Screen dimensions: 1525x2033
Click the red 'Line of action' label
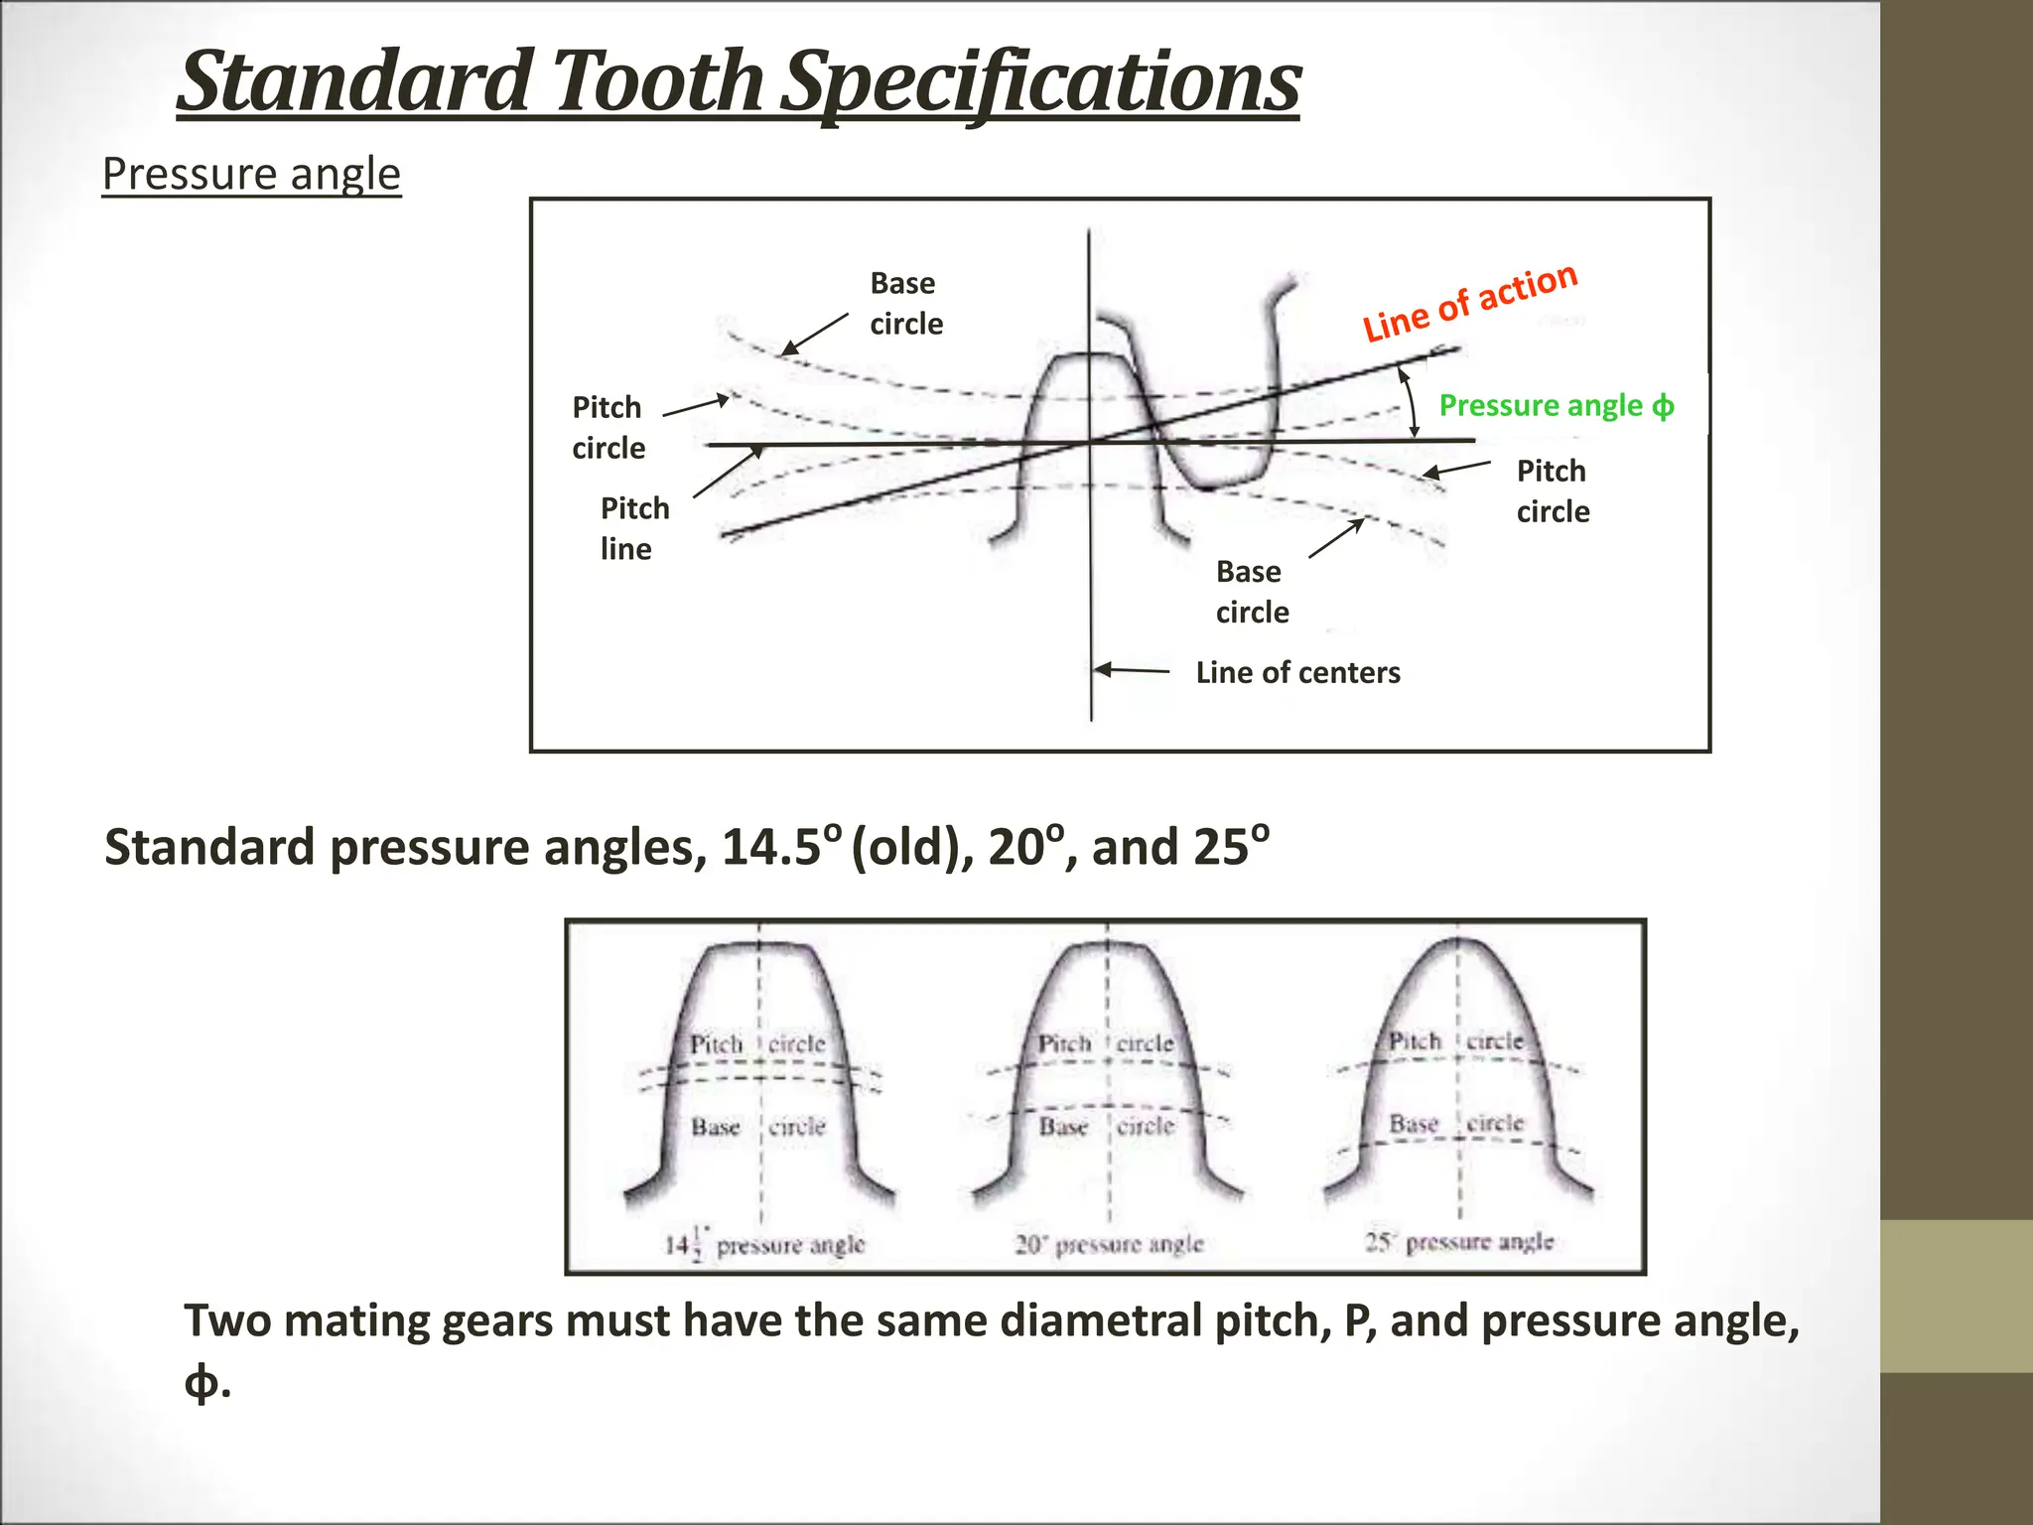(1469, 302)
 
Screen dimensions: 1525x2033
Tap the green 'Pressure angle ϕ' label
(1556, 405)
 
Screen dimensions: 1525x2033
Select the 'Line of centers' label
(1297, 672)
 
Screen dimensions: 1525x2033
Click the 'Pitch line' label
(634, 528)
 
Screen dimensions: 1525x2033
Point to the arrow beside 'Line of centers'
(1132, 670)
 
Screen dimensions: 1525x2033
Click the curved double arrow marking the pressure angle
(1410, 401)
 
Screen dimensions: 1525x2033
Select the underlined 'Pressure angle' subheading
(251, 175)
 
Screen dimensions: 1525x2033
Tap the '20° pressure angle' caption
(1109, 1244)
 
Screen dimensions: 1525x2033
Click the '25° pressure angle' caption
(1458, 1241)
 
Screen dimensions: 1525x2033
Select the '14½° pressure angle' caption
(764, 1244)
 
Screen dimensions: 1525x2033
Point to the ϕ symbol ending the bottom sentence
(202, 1381)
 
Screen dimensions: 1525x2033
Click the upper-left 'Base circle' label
(905, 303)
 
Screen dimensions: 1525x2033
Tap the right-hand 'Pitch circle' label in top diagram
(1553, 490)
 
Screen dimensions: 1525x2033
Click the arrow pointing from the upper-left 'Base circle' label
(814, 334)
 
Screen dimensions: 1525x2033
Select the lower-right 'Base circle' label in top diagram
(1252, 592)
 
